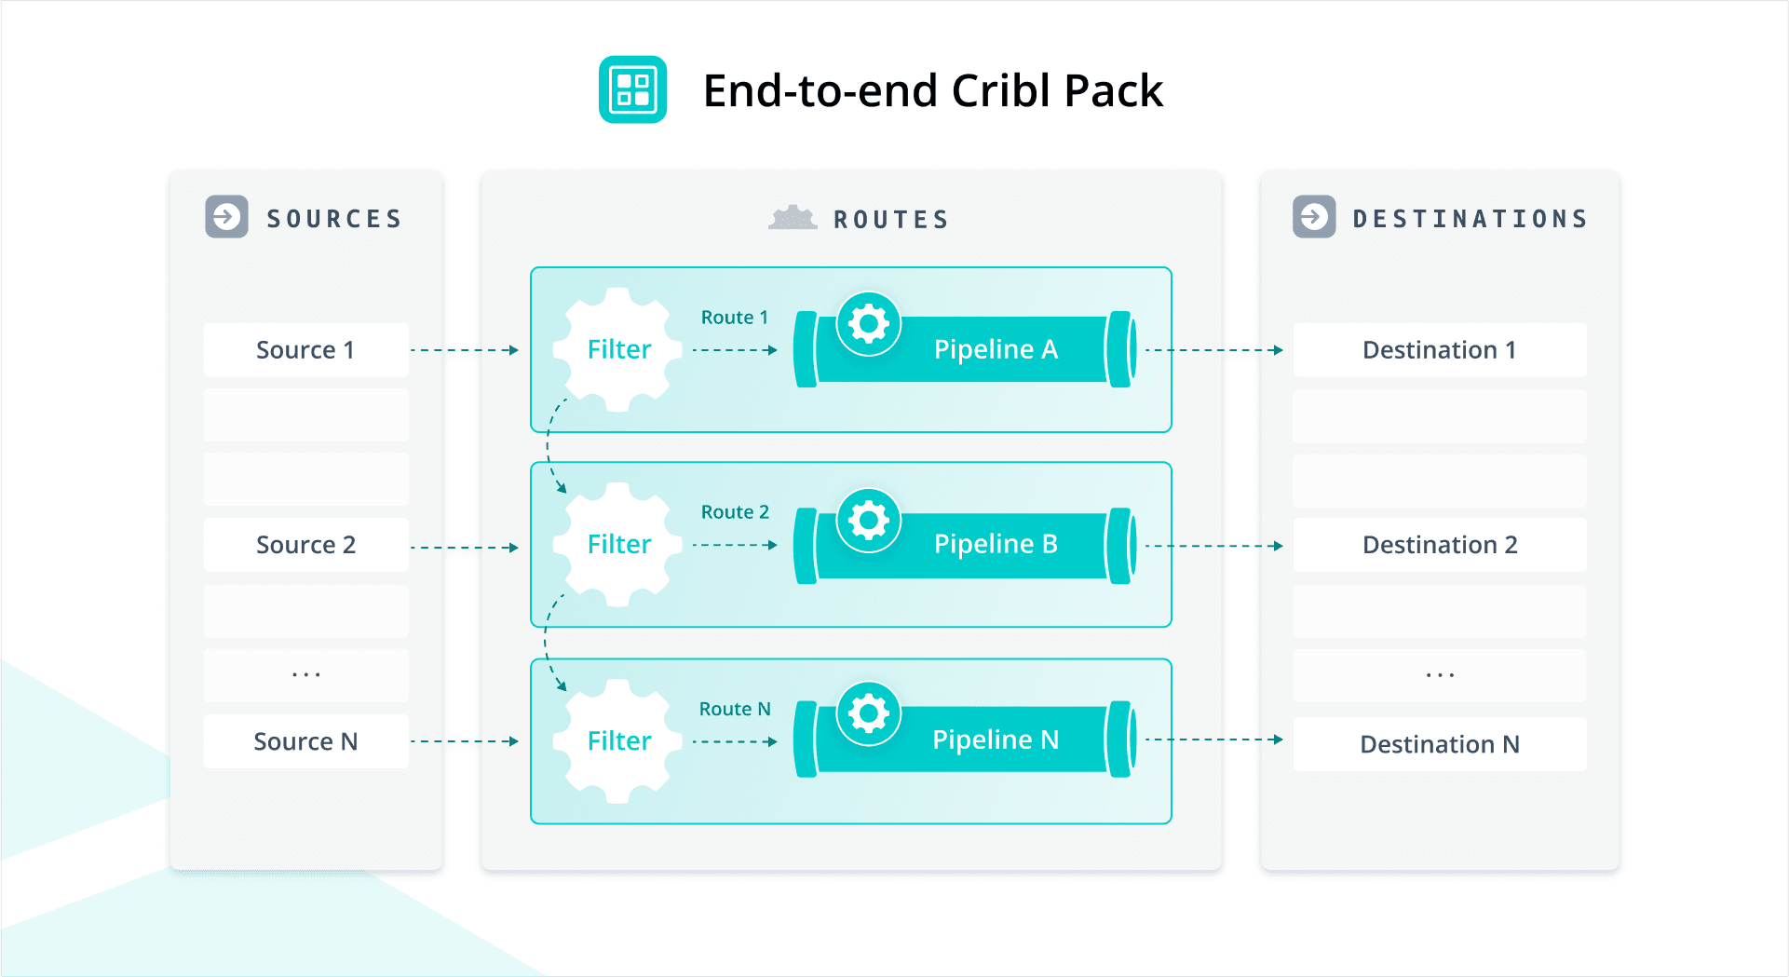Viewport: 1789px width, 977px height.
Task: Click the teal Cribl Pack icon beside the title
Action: (x=632, y=89)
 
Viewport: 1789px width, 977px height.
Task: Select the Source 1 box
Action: (x=305, y=350)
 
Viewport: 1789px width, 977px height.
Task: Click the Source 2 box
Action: (x=305, y=545)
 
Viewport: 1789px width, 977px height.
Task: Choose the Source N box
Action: (x=305, y=741)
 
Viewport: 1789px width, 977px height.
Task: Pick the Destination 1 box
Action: (x=1439, y=350)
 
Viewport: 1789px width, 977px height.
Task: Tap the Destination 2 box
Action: (x=1439, y=545)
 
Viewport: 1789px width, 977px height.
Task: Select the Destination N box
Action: (x=1439, y=744)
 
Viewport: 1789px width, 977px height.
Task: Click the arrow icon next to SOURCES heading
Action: (x=226, y=217)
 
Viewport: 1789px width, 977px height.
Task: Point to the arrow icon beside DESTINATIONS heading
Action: (x=1314, y=217)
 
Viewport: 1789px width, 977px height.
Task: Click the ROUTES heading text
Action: (x=890, y=220)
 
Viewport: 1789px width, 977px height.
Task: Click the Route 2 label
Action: (x=735, y=512)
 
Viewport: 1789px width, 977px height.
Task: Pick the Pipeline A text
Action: (x=995, y=350)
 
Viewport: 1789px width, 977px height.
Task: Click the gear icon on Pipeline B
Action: (x=869, y=521)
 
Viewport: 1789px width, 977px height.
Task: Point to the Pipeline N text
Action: (x=995, y=740)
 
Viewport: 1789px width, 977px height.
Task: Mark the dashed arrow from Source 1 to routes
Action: (x=464, y=350)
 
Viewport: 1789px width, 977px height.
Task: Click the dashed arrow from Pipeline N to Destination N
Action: (x=1213, y=740)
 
